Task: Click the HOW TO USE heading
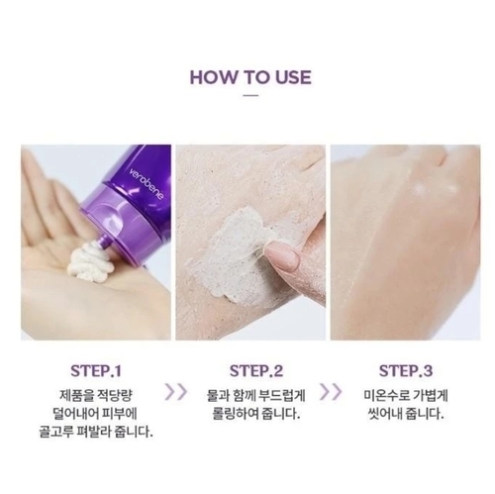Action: (250, 77)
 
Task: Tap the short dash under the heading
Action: (250, 95)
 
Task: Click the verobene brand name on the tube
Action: (147, 184)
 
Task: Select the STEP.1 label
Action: (96, 371)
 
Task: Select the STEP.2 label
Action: (256, 371)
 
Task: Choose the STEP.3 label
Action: (406, 371)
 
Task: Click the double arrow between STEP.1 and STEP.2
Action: (176, 392)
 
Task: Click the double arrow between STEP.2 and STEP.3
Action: (331, 392)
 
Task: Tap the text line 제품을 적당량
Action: (96, 395)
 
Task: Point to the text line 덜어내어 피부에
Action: (95, 414)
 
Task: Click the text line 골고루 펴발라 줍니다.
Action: (96, 432)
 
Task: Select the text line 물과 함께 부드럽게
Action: (256, 395)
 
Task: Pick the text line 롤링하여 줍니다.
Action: (256, 414)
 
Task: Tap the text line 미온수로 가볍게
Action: (406, 395)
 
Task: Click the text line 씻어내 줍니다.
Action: (406, 414)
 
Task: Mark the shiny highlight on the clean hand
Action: (424, 189)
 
